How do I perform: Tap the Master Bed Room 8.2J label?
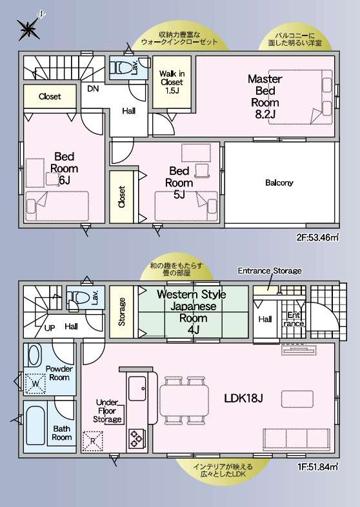265,96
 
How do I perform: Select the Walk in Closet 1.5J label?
172,82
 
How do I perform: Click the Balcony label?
279,183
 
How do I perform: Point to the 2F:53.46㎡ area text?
317,238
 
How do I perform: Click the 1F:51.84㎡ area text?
317,467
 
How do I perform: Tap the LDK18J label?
243,399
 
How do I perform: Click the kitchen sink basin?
137,389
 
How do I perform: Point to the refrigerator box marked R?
93,441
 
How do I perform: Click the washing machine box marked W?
35,384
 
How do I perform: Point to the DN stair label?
93,88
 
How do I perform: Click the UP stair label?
50,328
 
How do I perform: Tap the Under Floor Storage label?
107,411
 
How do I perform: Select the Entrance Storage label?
270,271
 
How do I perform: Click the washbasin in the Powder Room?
34,355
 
